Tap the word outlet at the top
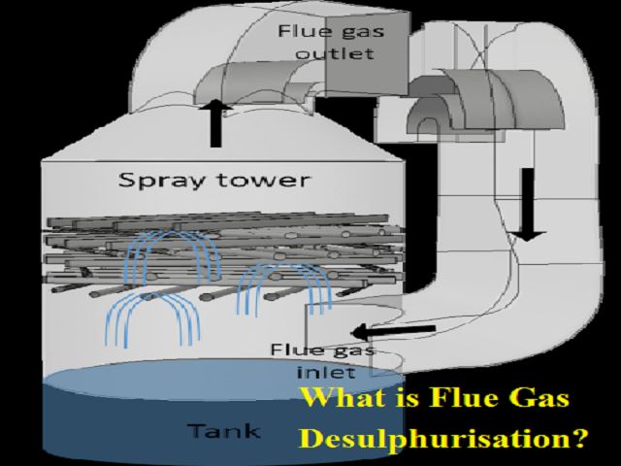(x=336, y=52)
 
